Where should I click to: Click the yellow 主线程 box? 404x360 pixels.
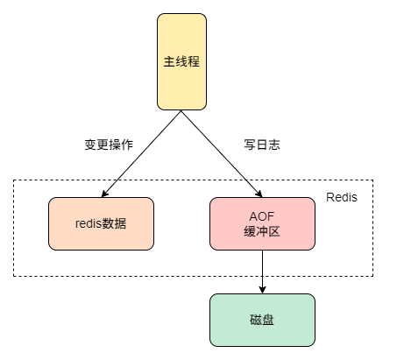(x=181, y=61)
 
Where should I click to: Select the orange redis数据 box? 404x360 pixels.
(x=101, y=222)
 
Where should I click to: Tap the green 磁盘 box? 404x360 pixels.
(x=261, y=319)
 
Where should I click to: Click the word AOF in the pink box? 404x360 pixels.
(x=261, y=215)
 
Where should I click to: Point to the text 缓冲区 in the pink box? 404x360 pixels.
(x=261, y=231)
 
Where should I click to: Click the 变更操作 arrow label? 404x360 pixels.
(x=109, y=145)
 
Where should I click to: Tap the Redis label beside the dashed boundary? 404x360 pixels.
(x=341, y=198)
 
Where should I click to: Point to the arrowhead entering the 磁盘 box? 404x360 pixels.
(x=261, y=289)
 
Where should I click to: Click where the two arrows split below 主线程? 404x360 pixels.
(x=181, y=111)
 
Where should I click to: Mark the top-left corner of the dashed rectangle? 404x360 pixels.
(x=13, y=180)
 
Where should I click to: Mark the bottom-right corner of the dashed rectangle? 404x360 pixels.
(x=373, y=276)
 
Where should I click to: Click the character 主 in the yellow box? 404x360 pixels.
(x=169, y=61)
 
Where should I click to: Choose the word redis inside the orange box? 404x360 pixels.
(x=89, y=222)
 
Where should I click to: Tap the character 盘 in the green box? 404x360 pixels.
(x=268, y=319)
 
